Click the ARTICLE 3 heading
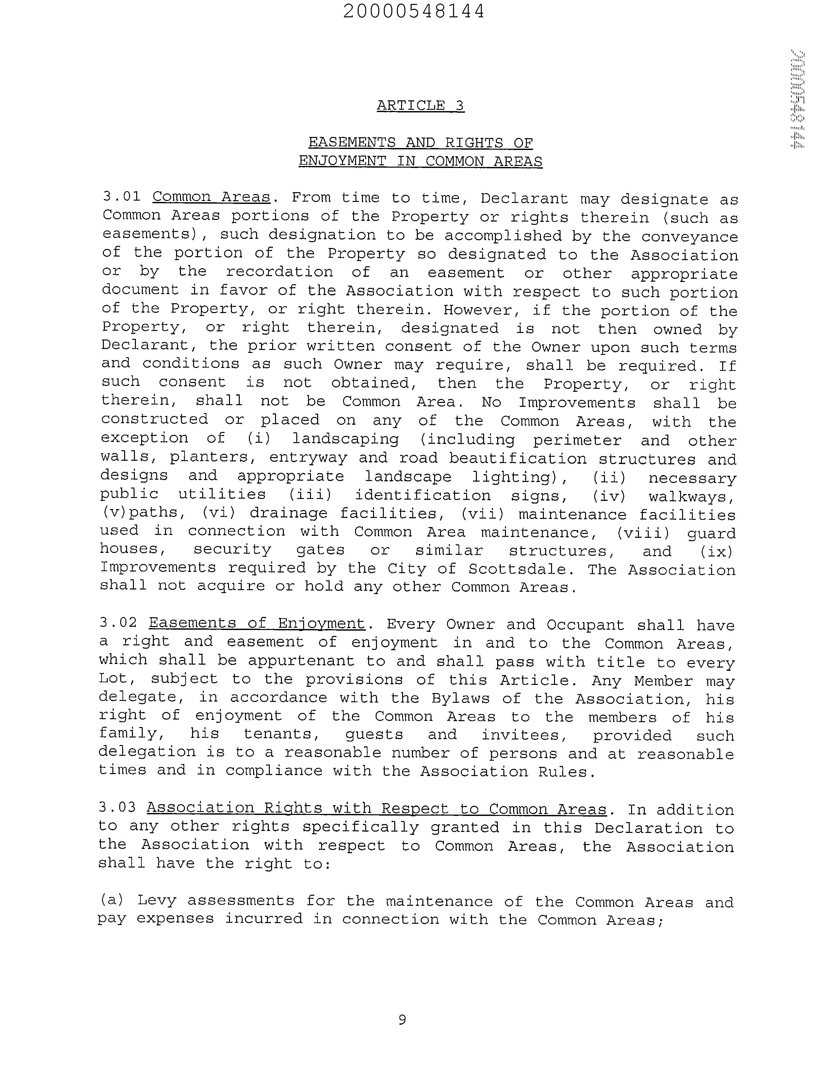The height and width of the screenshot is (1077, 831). coord(420,106)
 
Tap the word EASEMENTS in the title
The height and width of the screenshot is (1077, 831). coord(352,143)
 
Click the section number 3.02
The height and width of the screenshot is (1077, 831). coord(118,622)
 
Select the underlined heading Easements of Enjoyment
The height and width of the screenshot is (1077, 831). coord(257,623)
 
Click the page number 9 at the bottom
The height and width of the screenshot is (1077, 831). coord(402,1019)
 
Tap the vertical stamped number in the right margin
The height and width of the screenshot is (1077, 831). coord(797,99)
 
